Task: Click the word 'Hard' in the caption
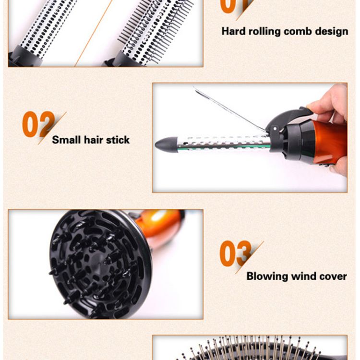233,31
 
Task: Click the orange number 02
38,124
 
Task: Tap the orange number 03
236,253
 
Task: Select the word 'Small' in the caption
66,140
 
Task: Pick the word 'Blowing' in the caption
267,276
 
